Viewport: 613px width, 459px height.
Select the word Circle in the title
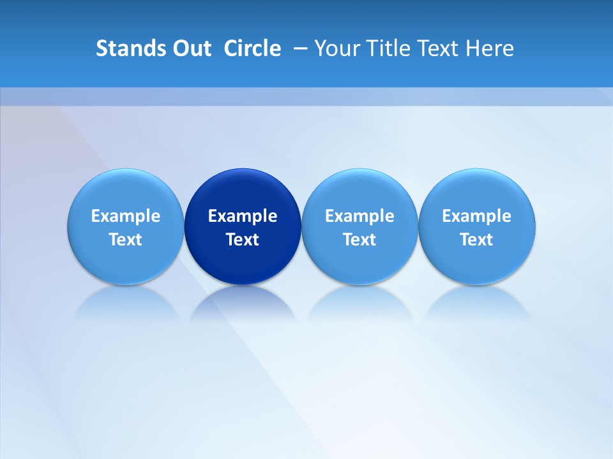tap(252, 48)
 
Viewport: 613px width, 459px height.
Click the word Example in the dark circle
tap(243, 216)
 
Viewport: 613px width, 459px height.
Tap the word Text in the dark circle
tap(243, 240)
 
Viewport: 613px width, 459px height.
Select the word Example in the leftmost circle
tap(126, 216)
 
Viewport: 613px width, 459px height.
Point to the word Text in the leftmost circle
tap(126, 240)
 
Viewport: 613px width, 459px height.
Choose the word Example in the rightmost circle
tap(477, 216)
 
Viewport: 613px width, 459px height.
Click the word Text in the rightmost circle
tap(477, 240)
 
